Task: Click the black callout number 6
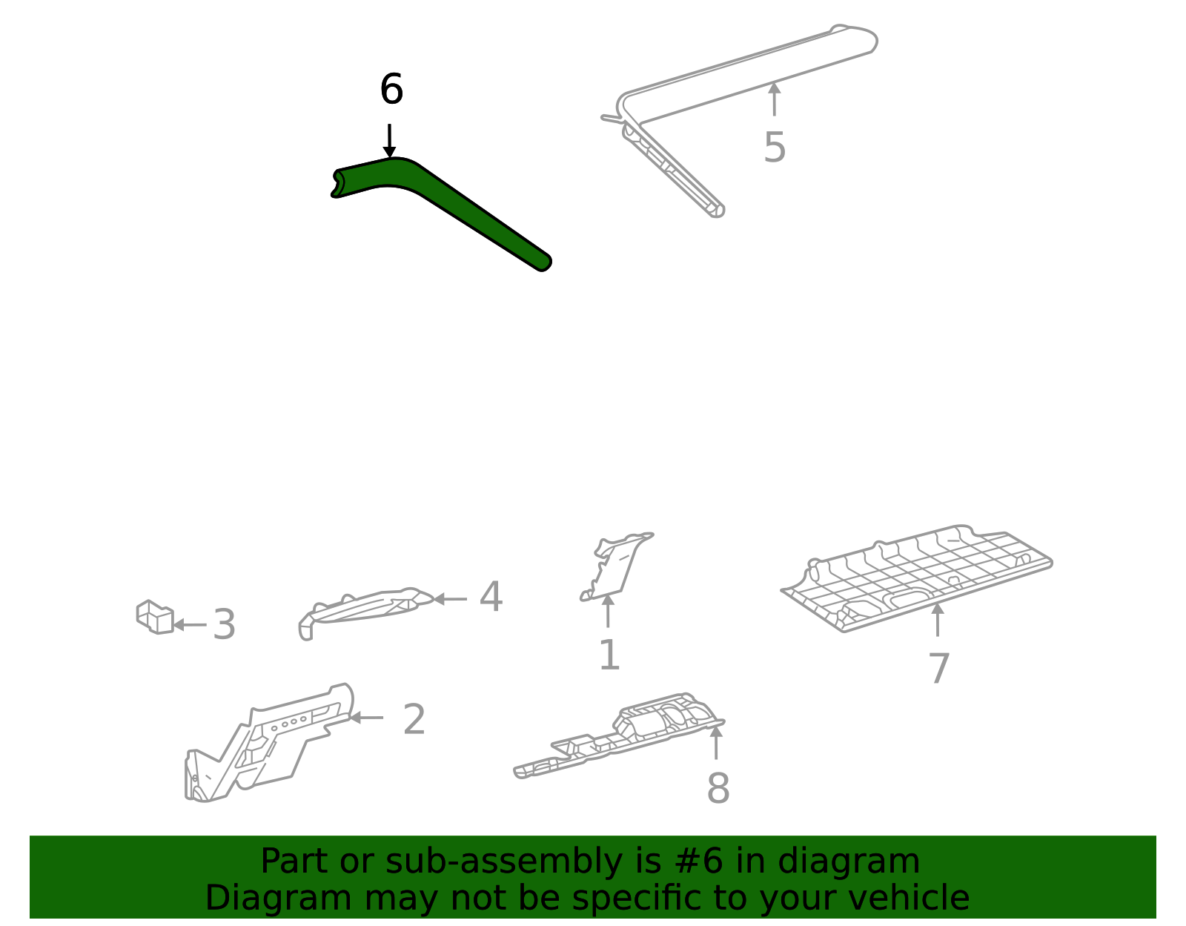click(x=391, y=89)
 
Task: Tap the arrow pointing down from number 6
click(x=389, y=141)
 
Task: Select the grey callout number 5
click(x=775, y=148)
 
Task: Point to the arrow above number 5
click(x=774, y=99)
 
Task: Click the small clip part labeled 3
click(x=155, y=617)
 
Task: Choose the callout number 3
click(x=224, y=624)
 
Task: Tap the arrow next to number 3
click(x=190, y=625)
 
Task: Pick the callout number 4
click(x=491, y=596)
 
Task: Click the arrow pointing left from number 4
click(x=450, y=599)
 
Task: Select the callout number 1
click(x=609, y=655)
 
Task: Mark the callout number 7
click(x=938, y=668)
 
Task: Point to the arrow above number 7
click(x=937, y=620)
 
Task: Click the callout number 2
click(x=414, y=719)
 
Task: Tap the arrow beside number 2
click(x=366, y=718)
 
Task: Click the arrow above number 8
click(x=716, y=742)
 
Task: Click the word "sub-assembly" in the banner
click(x=504, y=863)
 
